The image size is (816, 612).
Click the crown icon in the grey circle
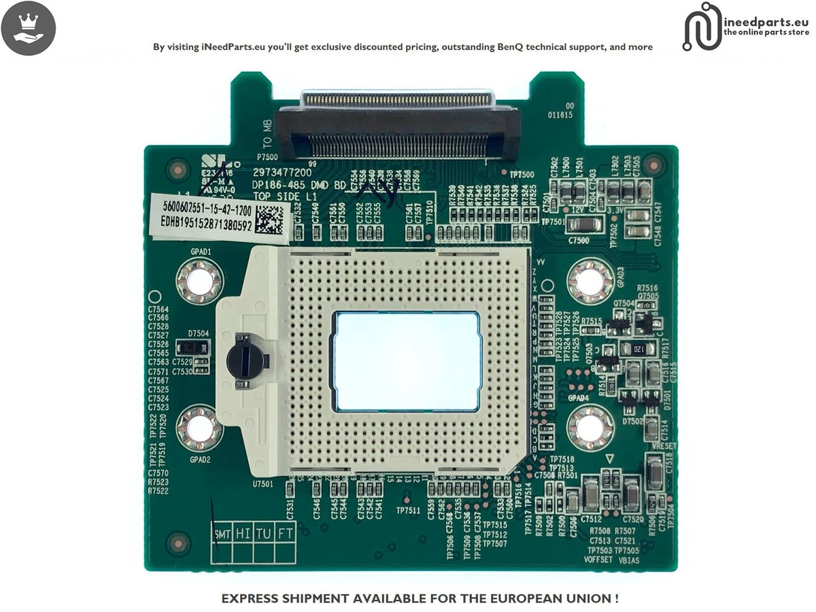coord(29,28)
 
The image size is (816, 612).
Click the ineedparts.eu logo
coord(746,27)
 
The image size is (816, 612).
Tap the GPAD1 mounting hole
coord(199,282)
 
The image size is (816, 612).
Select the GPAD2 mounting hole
coord(199,428)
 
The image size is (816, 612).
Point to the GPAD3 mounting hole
coord(590,282)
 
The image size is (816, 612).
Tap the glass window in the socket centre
coord(405,361)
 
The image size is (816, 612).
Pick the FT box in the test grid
coord(286,534)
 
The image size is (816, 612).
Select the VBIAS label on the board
coord(629,560)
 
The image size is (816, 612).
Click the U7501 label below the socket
coord(262,484)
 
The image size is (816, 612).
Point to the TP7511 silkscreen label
coord(408,510)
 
